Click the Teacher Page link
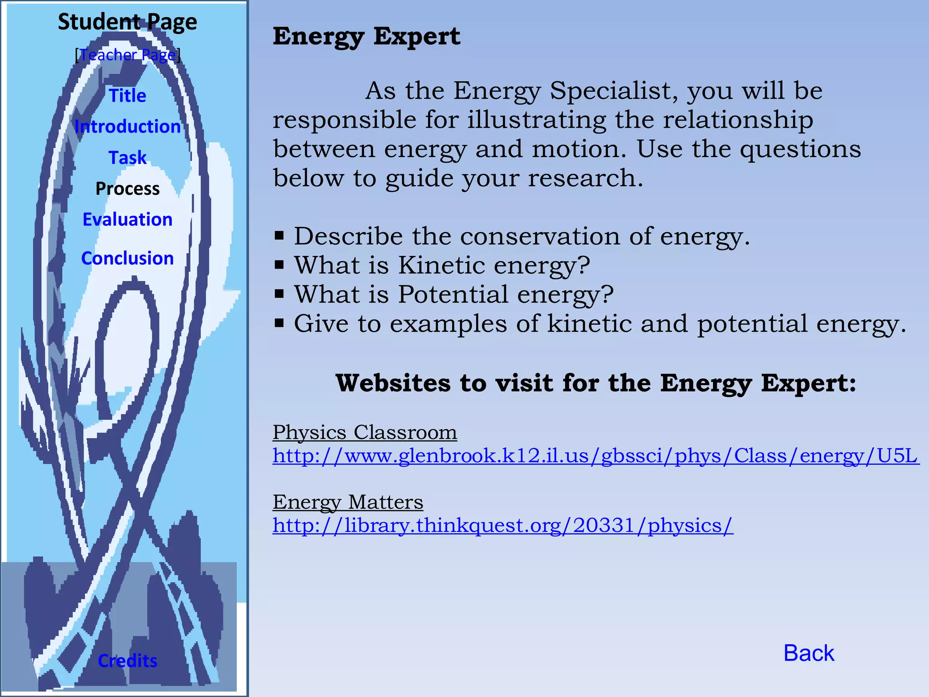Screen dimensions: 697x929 click(127, 55)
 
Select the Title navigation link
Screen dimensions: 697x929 click(127, 96)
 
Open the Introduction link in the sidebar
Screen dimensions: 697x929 click(127, 127)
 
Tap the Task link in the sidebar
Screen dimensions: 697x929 click(127, 157)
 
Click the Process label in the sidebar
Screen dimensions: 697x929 click(127, 188)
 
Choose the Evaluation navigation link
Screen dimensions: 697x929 click(127, 220)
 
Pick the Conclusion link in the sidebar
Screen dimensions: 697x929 click(127, 258)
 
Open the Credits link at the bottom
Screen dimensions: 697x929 click(127, 661)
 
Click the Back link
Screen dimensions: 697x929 click(809, 653)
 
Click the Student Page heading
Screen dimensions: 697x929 click(127, 22)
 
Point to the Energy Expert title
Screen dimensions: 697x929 click(366, 36)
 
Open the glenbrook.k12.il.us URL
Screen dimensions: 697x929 click(595, 456)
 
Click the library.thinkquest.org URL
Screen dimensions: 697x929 click(503, 525)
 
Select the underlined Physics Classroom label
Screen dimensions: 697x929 click(365, 432)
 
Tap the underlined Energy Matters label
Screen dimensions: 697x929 click(348, 502)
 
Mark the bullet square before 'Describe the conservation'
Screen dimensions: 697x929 click(279, 236)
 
